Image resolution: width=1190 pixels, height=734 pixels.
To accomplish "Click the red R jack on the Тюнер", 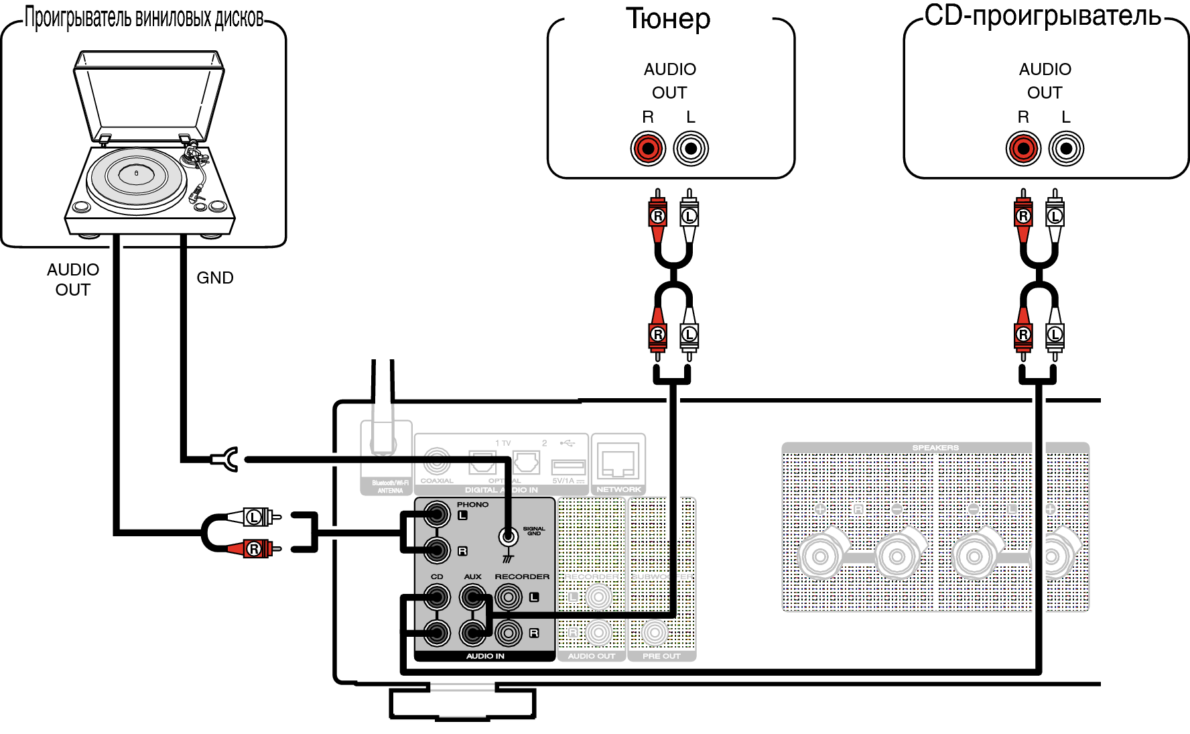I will click(647, 148).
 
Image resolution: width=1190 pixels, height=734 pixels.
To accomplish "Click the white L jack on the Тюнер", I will click(690, 148).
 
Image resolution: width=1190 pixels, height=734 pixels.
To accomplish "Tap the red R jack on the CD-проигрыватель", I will click(1022, 148).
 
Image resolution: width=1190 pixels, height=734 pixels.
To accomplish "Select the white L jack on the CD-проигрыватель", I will click(1065, 148).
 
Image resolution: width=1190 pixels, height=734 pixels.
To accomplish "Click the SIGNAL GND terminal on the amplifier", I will click(509, 536).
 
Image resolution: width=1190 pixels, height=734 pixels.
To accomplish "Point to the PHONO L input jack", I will click(437, 515).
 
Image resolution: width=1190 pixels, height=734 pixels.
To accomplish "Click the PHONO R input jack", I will click(437, 551).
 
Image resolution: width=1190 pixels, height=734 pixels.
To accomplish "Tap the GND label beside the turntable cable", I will click(214, 278).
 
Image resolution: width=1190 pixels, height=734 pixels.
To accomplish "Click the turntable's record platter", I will click(137, 176).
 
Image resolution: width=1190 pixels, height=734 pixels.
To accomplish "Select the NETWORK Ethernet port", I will click(618, 463).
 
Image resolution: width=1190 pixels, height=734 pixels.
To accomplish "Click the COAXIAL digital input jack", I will click(436, 461).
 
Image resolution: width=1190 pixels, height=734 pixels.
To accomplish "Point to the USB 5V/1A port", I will click(568, 467).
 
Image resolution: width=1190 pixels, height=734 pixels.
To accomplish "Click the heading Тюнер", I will click(668, 19).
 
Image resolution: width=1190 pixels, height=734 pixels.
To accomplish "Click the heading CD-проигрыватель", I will click(1043, 16).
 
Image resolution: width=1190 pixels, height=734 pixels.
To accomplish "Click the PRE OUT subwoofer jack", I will click(655, 633).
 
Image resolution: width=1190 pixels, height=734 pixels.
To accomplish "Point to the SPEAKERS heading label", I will click(935, 448).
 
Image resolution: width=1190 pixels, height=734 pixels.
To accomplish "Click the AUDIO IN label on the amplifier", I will click(485, 656).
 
